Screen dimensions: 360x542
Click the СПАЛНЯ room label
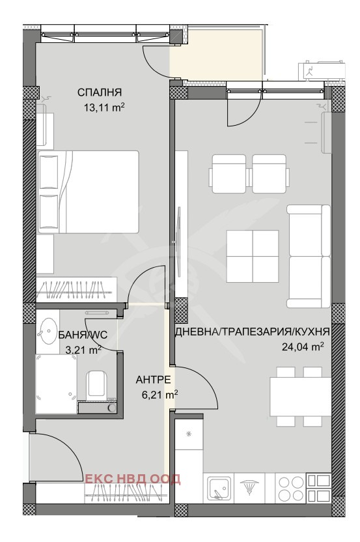[100, 93]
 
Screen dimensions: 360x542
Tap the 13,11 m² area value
[104, 107]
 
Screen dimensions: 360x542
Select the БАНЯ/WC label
[83, 335]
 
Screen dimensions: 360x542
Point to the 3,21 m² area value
[83, 350]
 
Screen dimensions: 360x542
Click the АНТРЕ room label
[153, 380]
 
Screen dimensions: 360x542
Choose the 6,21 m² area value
[160, 394]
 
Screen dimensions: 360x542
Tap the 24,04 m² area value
[303, 347]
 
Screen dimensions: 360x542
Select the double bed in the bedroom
[88, 192]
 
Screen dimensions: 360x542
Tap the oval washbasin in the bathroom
[48, 331]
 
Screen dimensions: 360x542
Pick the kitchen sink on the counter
[219, 487]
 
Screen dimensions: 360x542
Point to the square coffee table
[253, 256]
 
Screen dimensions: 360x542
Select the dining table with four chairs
[299, 396]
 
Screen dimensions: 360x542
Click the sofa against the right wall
[309, 256]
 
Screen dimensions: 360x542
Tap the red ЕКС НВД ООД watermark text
[133, 479]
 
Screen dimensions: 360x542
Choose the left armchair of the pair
[229, 173]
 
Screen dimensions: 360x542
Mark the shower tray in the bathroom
[57, 384]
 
